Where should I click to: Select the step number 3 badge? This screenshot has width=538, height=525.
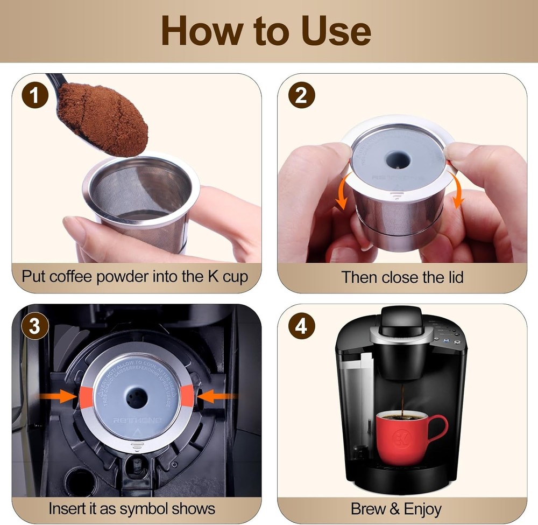click(x=34, y=328)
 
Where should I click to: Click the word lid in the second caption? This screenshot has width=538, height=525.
click(x=451, y=277)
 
